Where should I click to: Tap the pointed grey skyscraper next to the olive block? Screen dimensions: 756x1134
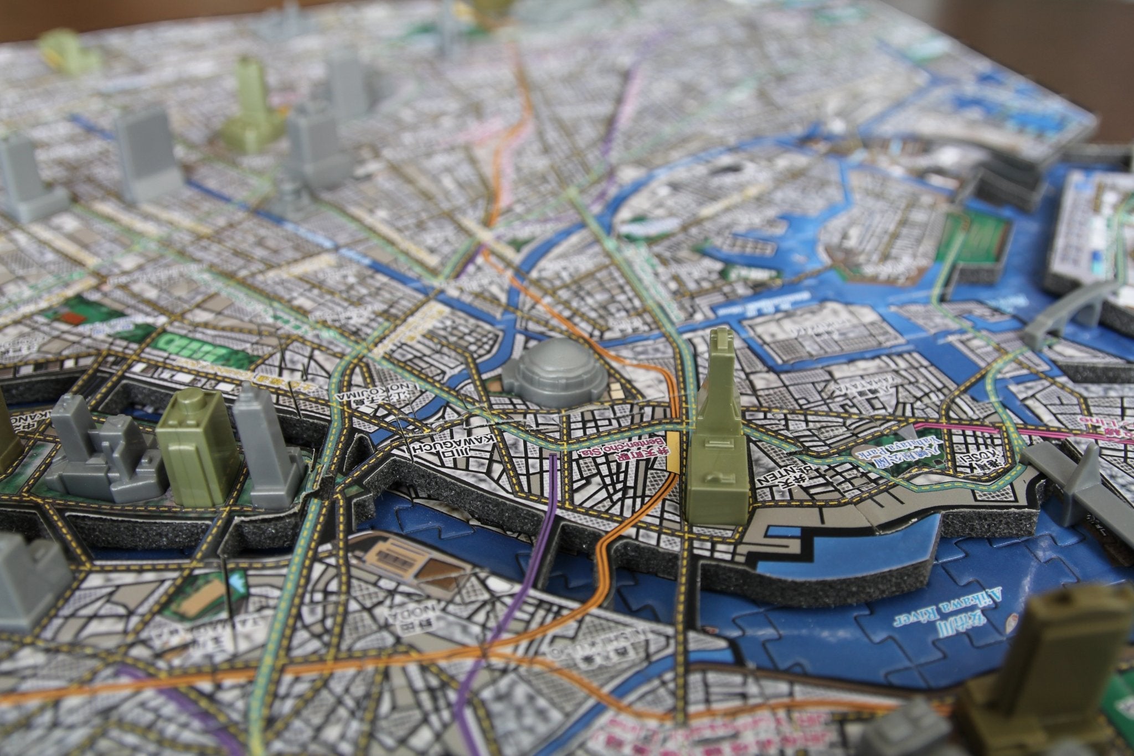click(263, 443)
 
